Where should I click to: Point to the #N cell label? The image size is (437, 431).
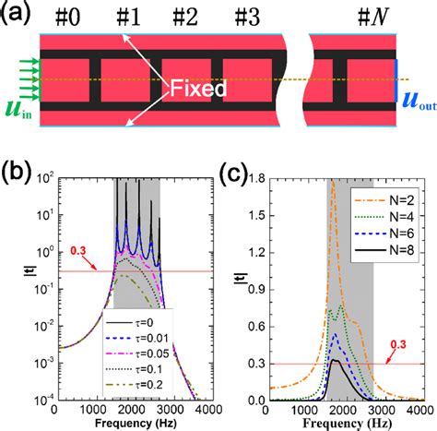371,16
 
